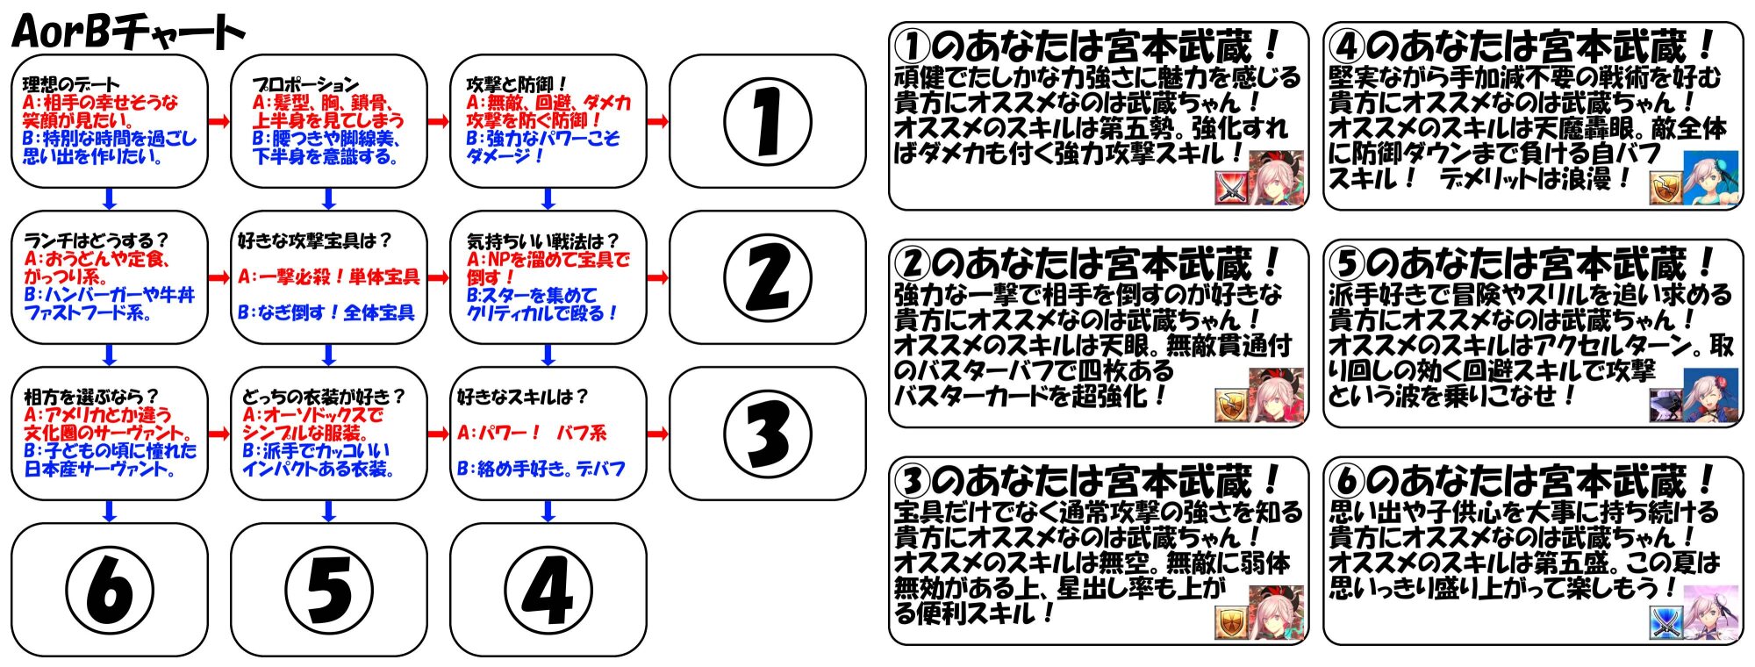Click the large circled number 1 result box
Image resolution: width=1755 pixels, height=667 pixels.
tap(767, 122)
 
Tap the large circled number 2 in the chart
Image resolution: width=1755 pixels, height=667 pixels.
tap(767, 277)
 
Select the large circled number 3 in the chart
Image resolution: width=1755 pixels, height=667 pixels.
tap(767, 434)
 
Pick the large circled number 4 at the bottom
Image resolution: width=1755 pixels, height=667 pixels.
tap(548, 590)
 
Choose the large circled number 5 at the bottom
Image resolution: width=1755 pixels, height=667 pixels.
tap(328, 590)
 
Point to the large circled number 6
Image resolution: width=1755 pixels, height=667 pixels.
tap(109, 590)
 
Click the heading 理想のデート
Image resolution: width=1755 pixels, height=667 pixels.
tap(70, 84)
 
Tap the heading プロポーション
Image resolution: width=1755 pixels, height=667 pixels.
tap(305, 84)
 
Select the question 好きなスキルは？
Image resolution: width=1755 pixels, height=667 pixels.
tap(523, 397)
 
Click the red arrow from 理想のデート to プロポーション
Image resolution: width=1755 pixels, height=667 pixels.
tap(219, 121)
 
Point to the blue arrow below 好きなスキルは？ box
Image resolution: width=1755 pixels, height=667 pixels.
tap(548, 511)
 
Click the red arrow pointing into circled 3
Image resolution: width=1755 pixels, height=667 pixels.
tap(657, 434)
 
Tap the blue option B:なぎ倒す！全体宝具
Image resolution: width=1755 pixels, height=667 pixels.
tap(326, 312)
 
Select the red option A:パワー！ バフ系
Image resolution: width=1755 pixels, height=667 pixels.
tap(532, 433)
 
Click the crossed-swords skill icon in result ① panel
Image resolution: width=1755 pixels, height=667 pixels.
tap(1230, 188)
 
